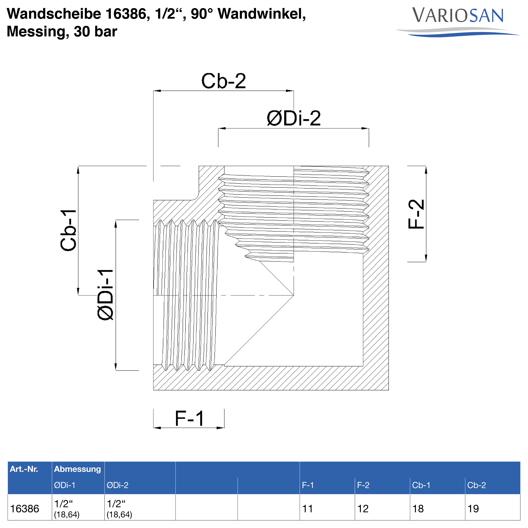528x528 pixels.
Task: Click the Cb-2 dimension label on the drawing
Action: (224, 81)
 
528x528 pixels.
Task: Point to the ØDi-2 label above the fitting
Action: (294, 119)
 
